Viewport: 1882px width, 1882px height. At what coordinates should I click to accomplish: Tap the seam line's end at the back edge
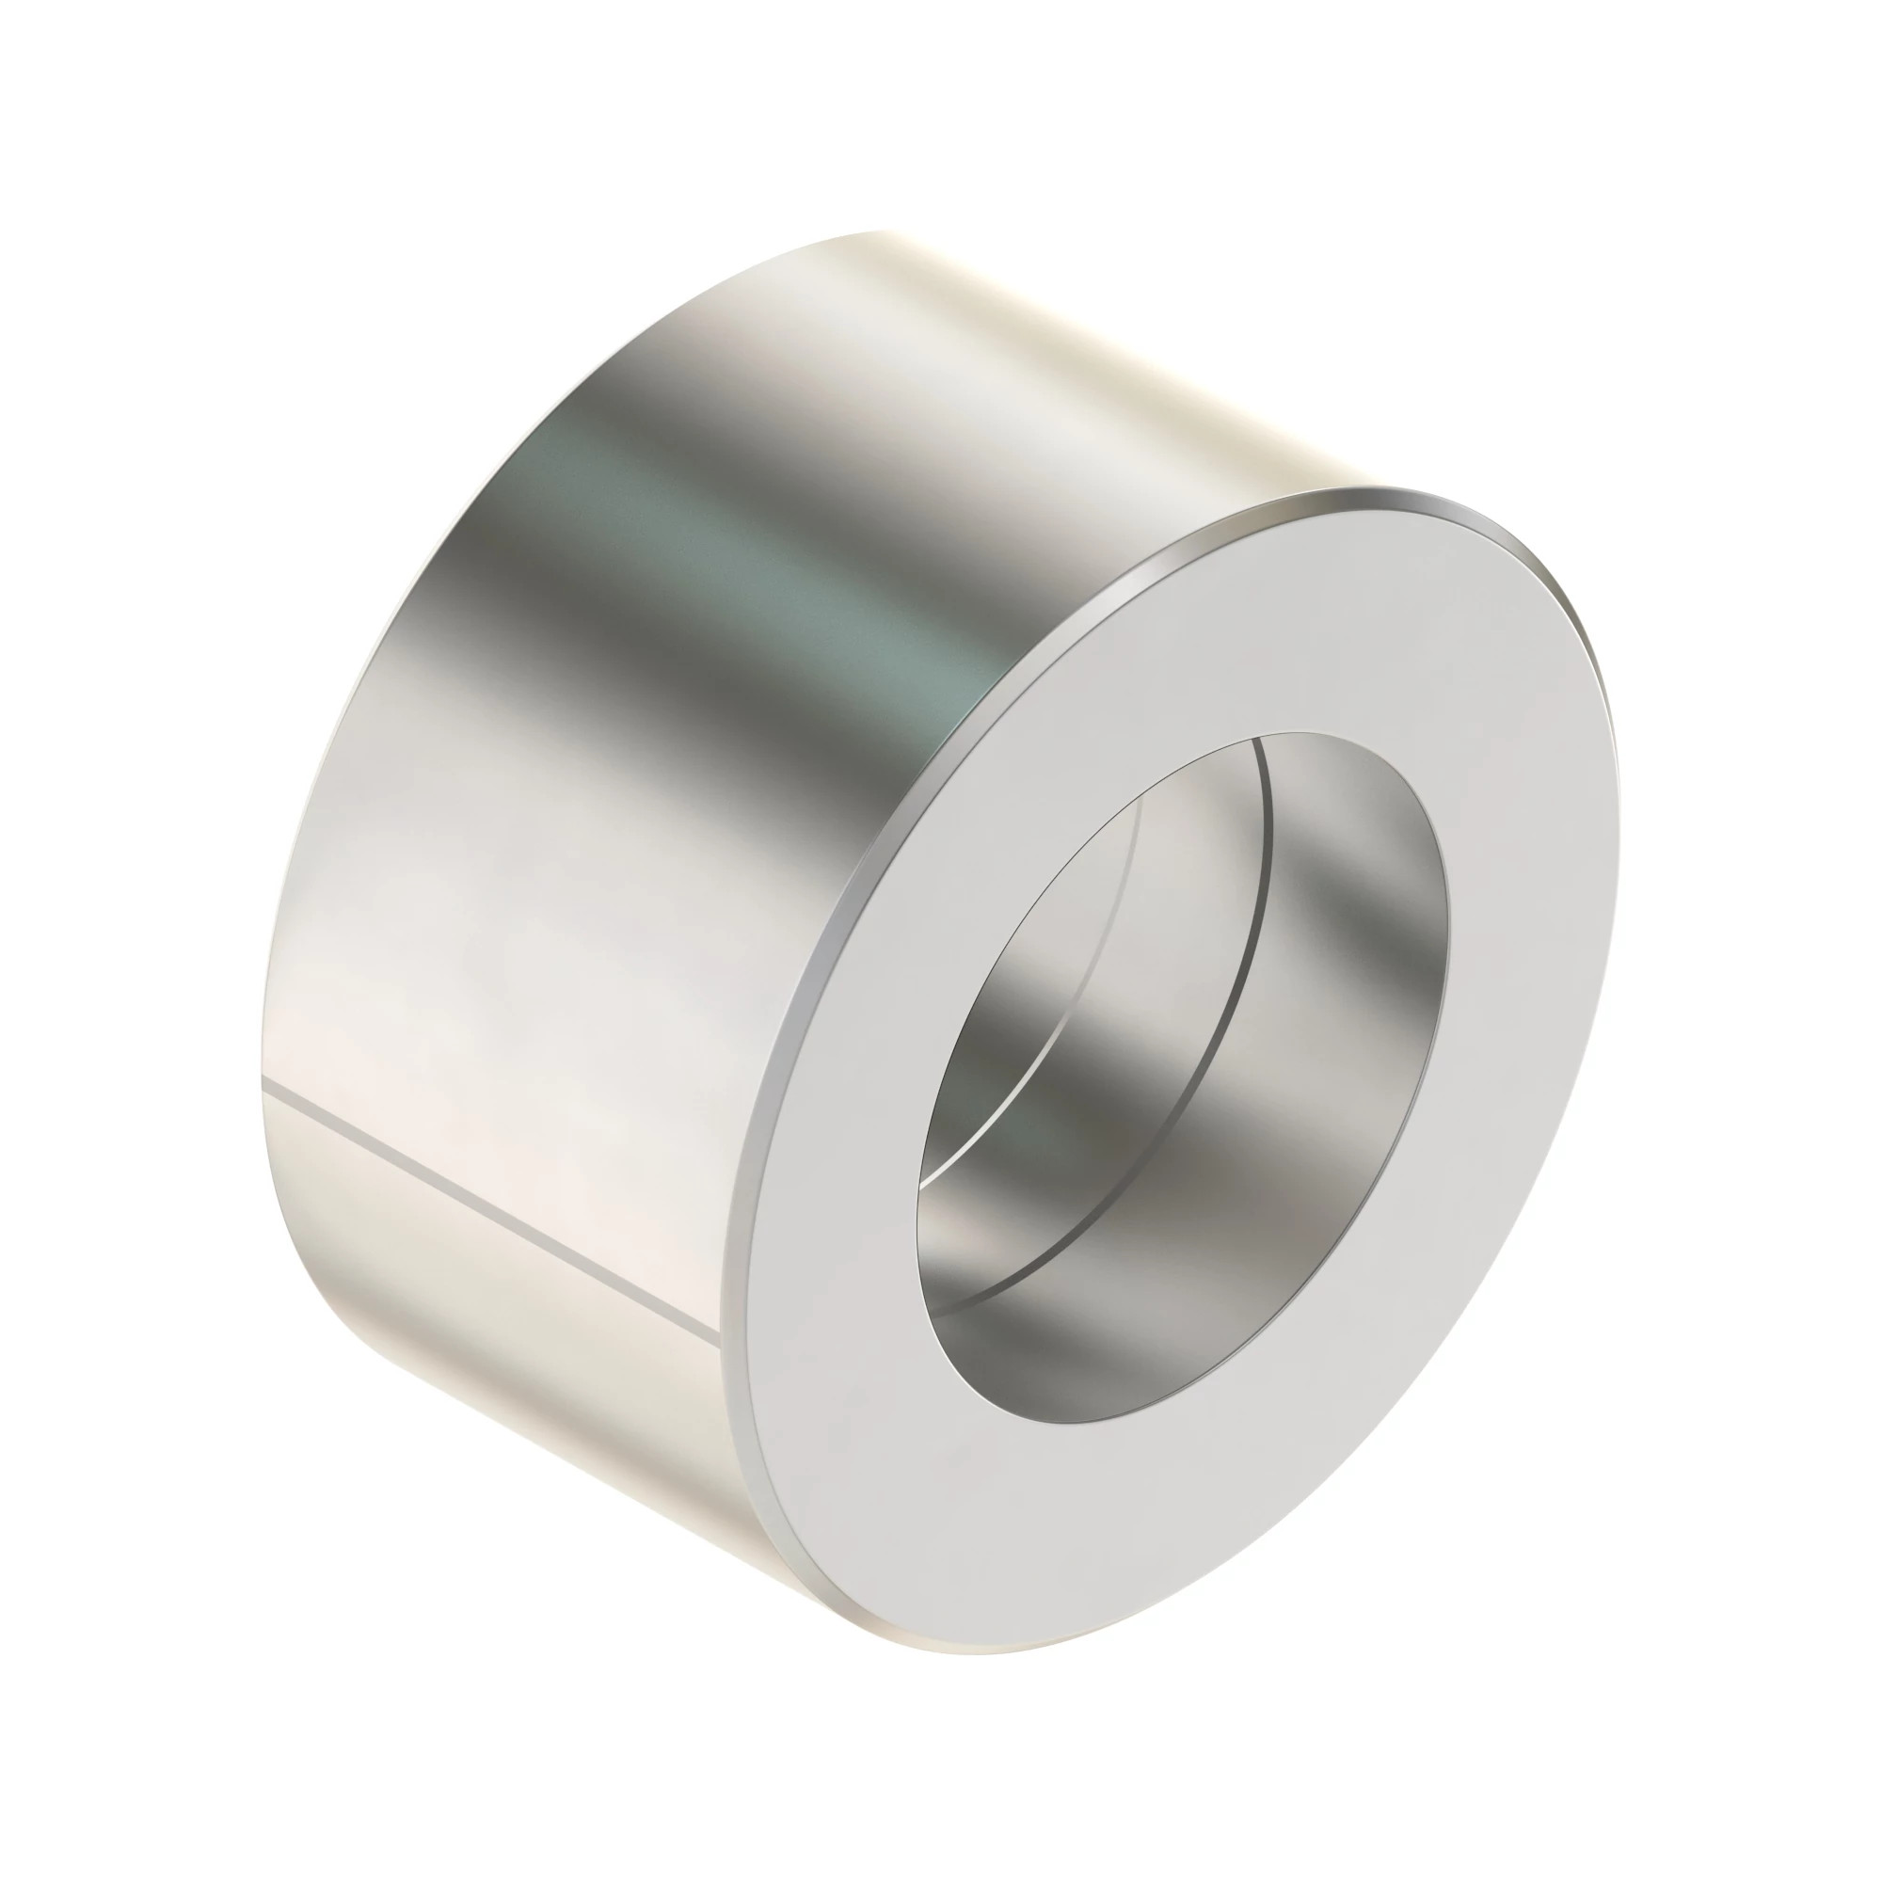(265, 1083)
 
